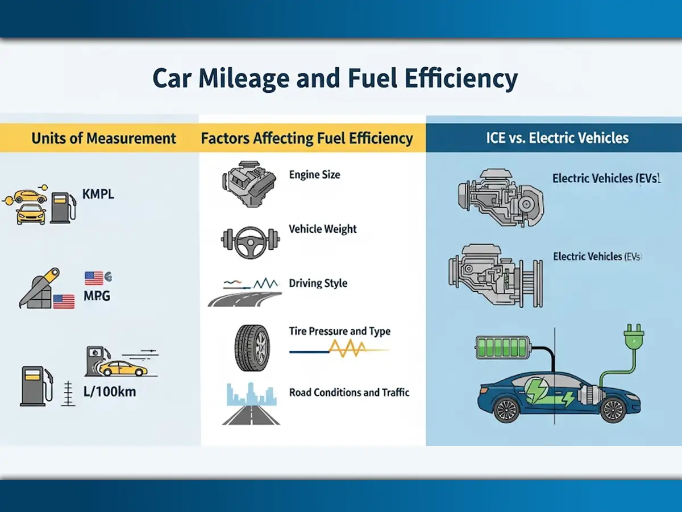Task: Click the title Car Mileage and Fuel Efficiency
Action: pos(335,79)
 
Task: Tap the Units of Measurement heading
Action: pos(103,138)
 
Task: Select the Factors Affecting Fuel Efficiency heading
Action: pos(306,138)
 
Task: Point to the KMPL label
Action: pos(98,194)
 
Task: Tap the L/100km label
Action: pos(109,392)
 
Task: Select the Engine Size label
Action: pos(314,175)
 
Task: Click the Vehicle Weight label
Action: pos(323,229)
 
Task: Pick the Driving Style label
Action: pos(318,283)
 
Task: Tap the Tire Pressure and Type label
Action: pos(339,331)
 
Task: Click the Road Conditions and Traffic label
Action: pos(349,392)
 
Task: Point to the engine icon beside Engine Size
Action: pos(248,182)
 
